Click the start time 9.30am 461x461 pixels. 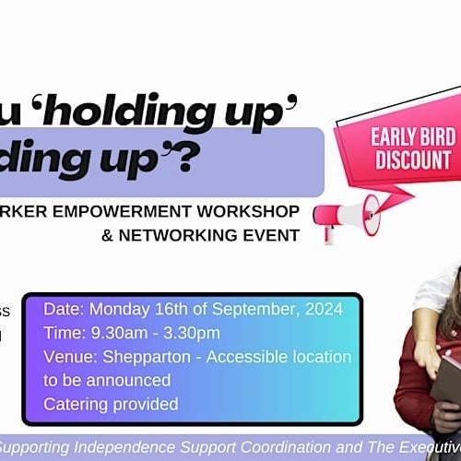tap(119, 332)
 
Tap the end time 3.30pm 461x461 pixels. tap(190, 332)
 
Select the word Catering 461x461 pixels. tap(76, 404)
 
